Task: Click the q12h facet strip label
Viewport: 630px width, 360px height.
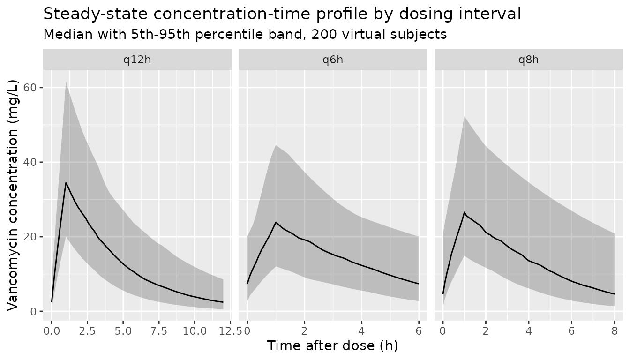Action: [137, 60]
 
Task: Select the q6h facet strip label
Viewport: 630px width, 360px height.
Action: [333, 60]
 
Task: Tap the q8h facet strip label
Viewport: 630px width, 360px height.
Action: [528, 60]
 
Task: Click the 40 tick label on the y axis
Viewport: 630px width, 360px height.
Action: [30, 162]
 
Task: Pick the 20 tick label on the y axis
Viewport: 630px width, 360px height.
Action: [30, 237]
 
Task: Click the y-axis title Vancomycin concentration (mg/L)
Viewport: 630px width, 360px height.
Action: [13, 195]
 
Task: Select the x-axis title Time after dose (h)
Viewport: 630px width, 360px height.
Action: [332, 345]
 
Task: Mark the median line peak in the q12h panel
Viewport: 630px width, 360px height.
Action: [66, 183]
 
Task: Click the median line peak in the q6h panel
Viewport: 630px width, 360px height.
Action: [276, 222]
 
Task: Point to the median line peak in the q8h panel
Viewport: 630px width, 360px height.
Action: [465, 212]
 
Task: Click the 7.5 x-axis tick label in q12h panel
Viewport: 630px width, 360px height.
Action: [158, 331]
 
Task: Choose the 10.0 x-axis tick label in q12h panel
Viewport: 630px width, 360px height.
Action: [195, 331]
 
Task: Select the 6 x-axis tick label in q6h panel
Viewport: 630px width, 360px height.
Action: [419, 331]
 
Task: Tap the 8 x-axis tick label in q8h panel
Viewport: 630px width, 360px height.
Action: [615, 331]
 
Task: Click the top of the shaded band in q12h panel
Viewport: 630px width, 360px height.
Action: [66, 82]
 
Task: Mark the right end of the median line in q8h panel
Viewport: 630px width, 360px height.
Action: [615, 294]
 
